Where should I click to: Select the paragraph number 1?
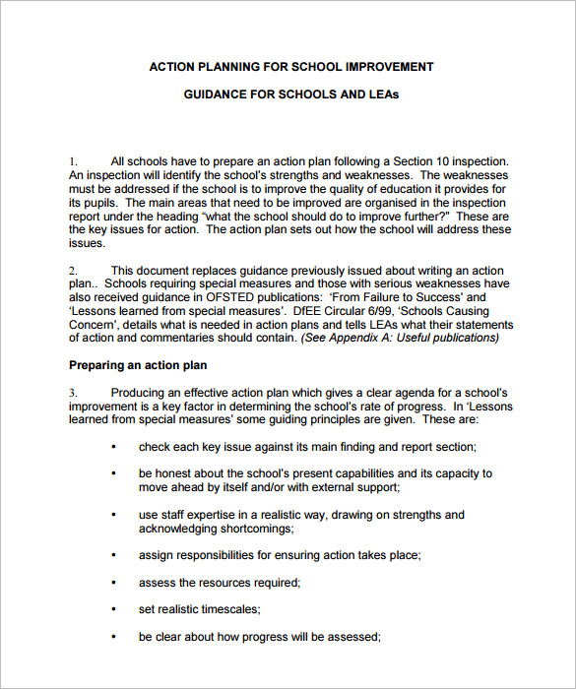(x=72, y=161)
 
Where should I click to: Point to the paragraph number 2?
(x=72, y=270)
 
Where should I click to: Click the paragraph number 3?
(x=72, y=393)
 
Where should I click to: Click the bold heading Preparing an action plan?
(x=137, y=365)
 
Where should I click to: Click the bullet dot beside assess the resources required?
(x=114, y=583)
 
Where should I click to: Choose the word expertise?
(x=213, y=515)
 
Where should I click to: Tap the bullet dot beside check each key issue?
(x=114, y=447)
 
